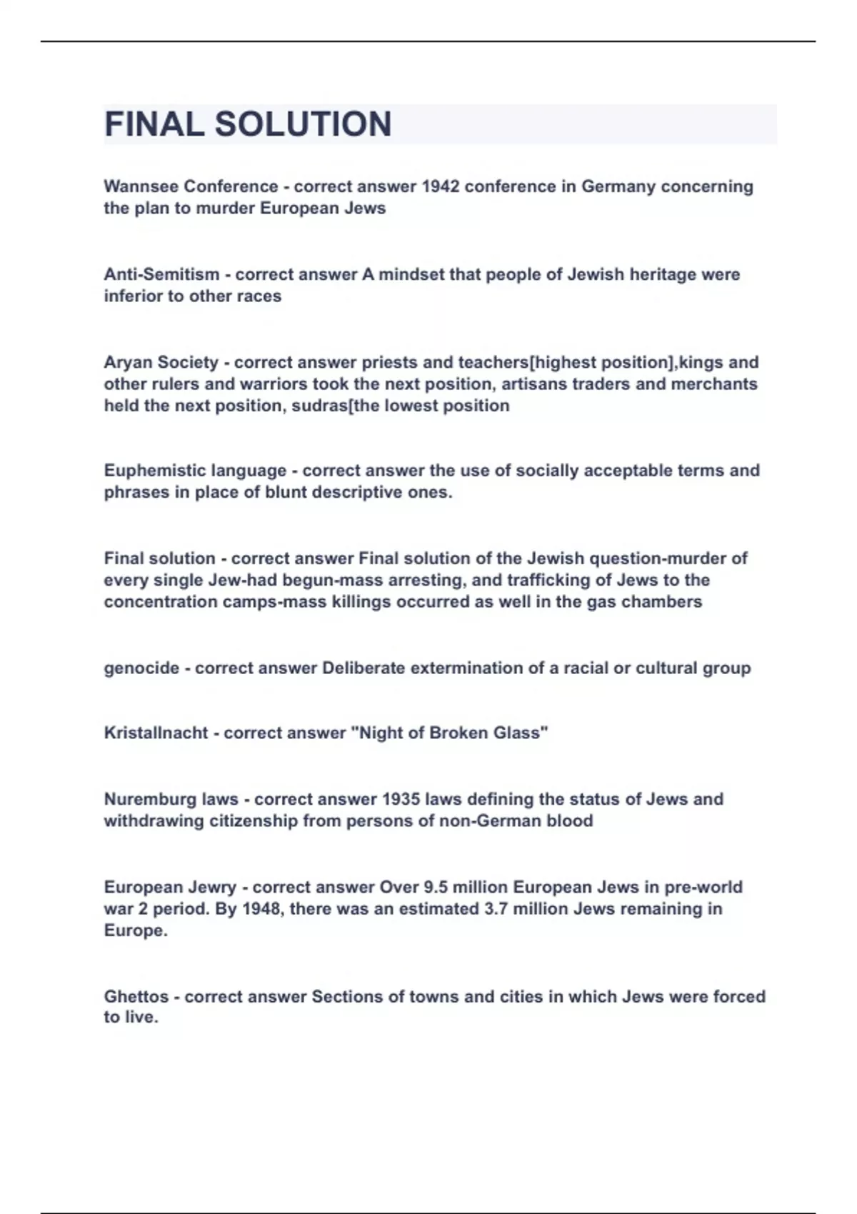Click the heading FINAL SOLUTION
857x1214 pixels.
click(x=248, y=124)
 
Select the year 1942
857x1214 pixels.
click(x=441, y=186)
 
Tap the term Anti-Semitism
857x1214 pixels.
click(x=161, y=274)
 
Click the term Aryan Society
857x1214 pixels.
click(x=161, y=362)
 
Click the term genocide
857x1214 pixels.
click(x=141, y=668)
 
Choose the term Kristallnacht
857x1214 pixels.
click(x=156, y=733)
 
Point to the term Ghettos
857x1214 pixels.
click(x=136, y=996)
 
